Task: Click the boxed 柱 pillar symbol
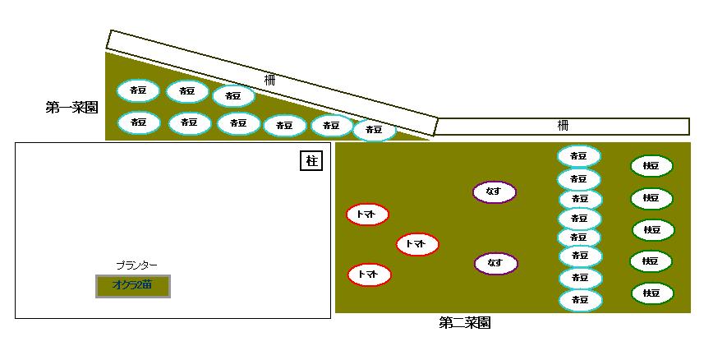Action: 311,160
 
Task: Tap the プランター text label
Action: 136,265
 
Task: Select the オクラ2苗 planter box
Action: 133,285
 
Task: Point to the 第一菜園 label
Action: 71,107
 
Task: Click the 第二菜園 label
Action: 465,323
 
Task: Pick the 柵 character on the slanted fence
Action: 270,80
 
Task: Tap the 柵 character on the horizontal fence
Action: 563,126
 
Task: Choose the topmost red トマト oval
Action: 367,215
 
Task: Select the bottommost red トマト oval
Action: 368,275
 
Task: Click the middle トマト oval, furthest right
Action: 417,244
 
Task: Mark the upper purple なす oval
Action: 494,192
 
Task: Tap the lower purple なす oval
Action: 495,263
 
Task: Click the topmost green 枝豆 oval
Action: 651,166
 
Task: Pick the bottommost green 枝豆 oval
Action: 652,293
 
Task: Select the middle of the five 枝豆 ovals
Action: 653,229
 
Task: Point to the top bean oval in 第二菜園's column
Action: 579,156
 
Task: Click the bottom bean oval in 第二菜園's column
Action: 580,300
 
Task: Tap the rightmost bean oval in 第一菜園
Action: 374,130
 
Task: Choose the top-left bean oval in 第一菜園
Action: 138,90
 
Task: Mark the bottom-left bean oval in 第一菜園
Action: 138,122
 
